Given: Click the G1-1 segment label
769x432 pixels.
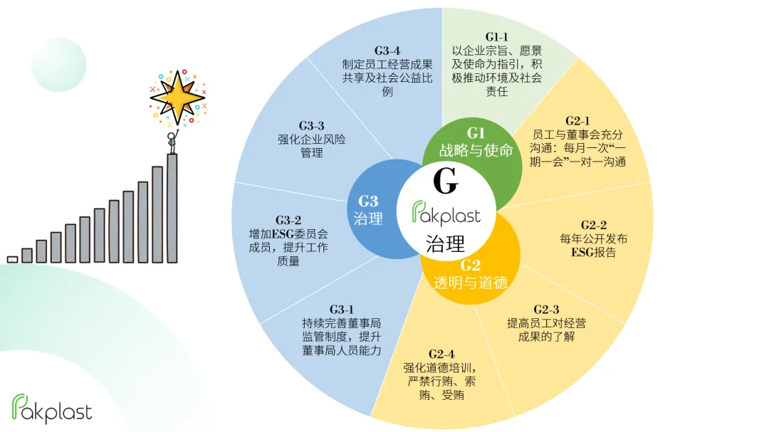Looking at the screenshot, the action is [x=497, y=37].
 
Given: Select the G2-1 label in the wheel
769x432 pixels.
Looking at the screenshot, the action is [x=577, y=121].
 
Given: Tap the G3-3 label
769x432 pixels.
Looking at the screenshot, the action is [x=311, y=126].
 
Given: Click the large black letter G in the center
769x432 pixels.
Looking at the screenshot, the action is [x=445, y=183].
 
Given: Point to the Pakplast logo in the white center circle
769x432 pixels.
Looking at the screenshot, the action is [x=446, y=213].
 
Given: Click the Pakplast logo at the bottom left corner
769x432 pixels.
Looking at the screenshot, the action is [x=52, y=408].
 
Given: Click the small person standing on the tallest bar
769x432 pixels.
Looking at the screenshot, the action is [x=171, y=142].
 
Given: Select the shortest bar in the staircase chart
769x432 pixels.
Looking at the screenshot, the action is [x=12, y=259].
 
